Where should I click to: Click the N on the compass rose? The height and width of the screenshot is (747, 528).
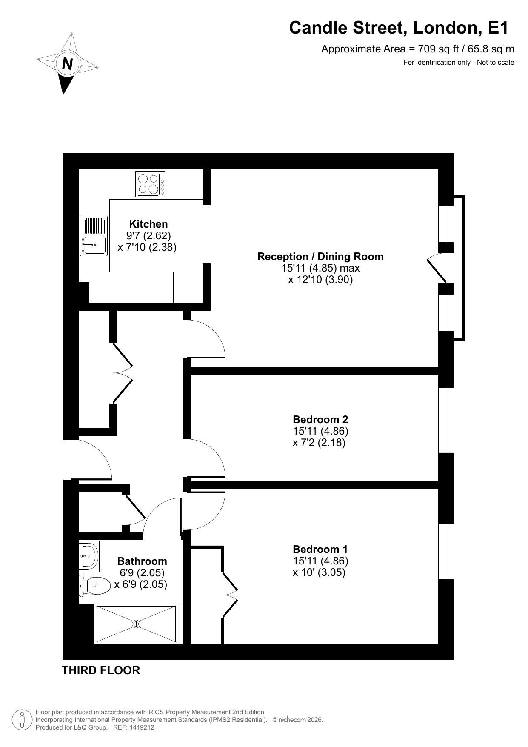point(67,64)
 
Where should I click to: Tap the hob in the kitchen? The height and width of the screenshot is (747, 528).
point(150,184)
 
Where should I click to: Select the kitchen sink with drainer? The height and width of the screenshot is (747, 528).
point(94,236)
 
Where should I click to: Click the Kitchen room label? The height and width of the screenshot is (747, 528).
point(148,224)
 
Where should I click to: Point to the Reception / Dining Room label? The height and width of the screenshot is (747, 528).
point(320,256)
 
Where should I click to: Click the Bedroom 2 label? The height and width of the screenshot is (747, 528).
point(320,419)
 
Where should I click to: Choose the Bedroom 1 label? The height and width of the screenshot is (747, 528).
point(320,549)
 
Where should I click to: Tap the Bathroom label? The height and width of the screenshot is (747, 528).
point(142,561)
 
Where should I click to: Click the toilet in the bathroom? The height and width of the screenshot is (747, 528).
point(94,586)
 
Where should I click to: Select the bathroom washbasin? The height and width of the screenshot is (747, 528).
point(89,556)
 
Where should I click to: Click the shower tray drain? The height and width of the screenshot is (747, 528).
point(136,624)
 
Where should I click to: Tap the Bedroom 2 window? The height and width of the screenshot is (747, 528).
point(446,420)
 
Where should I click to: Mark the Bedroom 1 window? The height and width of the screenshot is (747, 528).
point(446,552)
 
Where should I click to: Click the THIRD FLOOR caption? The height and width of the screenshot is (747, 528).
point(101,670)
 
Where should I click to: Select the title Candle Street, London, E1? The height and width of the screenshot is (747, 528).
point(399,28)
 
